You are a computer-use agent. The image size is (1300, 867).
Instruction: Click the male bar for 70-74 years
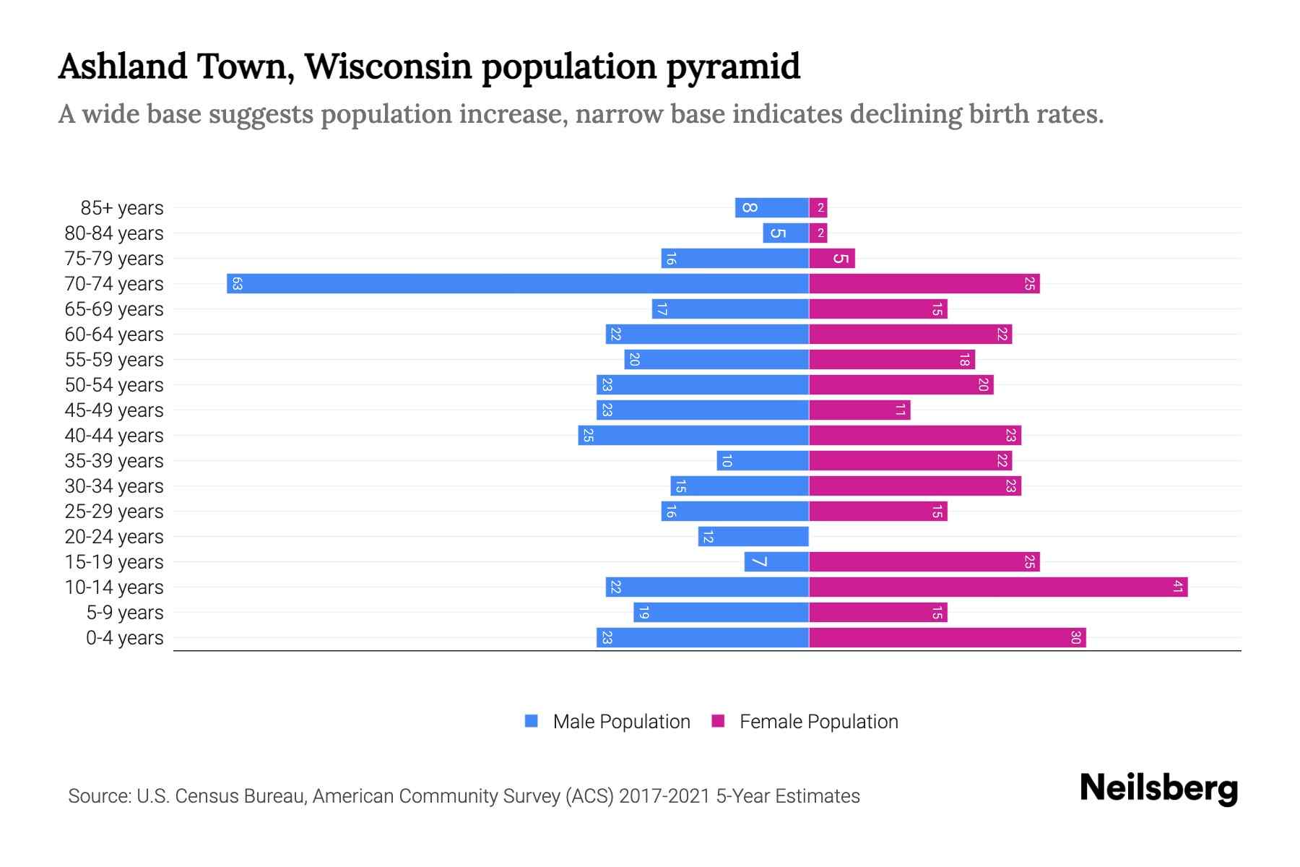tap(517, 283)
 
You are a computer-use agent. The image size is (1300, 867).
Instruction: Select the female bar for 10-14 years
tap(997, 587)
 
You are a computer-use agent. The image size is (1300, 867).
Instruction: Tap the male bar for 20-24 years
tap(753, 536)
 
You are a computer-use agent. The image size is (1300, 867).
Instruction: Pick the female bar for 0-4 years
tap(947, 637)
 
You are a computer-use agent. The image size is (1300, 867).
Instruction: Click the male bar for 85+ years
tap(771, 207)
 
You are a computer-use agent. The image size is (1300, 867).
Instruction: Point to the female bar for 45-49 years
tap(859, 410)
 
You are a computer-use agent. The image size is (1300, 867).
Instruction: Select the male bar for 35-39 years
tap(763, 460)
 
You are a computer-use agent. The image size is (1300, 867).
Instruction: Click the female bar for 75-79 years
tap(831, 258)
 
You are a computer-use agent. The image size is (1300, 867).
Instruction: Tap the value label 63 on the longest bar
tap(237, 284)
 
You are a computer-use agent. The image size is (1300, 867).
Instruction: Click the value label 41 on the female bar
tap(1177, 587)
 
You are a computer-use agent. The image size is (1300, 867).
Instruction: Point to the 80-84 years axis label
tap(114, 233)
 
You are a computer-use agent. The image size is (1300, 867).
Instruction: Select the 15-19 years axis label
tap(114, 562)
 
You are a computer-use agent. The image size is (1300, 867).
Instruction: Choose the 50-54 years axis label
tap(114, 385)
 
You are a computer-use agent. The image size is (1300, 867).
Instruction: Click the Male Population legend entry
tap(620, 721)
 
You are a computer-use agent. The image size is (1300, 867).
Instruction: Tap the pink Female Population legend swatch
tap(718, 721)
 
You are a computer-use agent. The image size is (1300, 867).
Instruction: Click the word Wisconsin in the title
tap(388, 66)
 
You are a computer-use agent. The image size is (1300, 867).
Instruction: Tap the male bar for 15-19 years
tap(776, 561)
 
